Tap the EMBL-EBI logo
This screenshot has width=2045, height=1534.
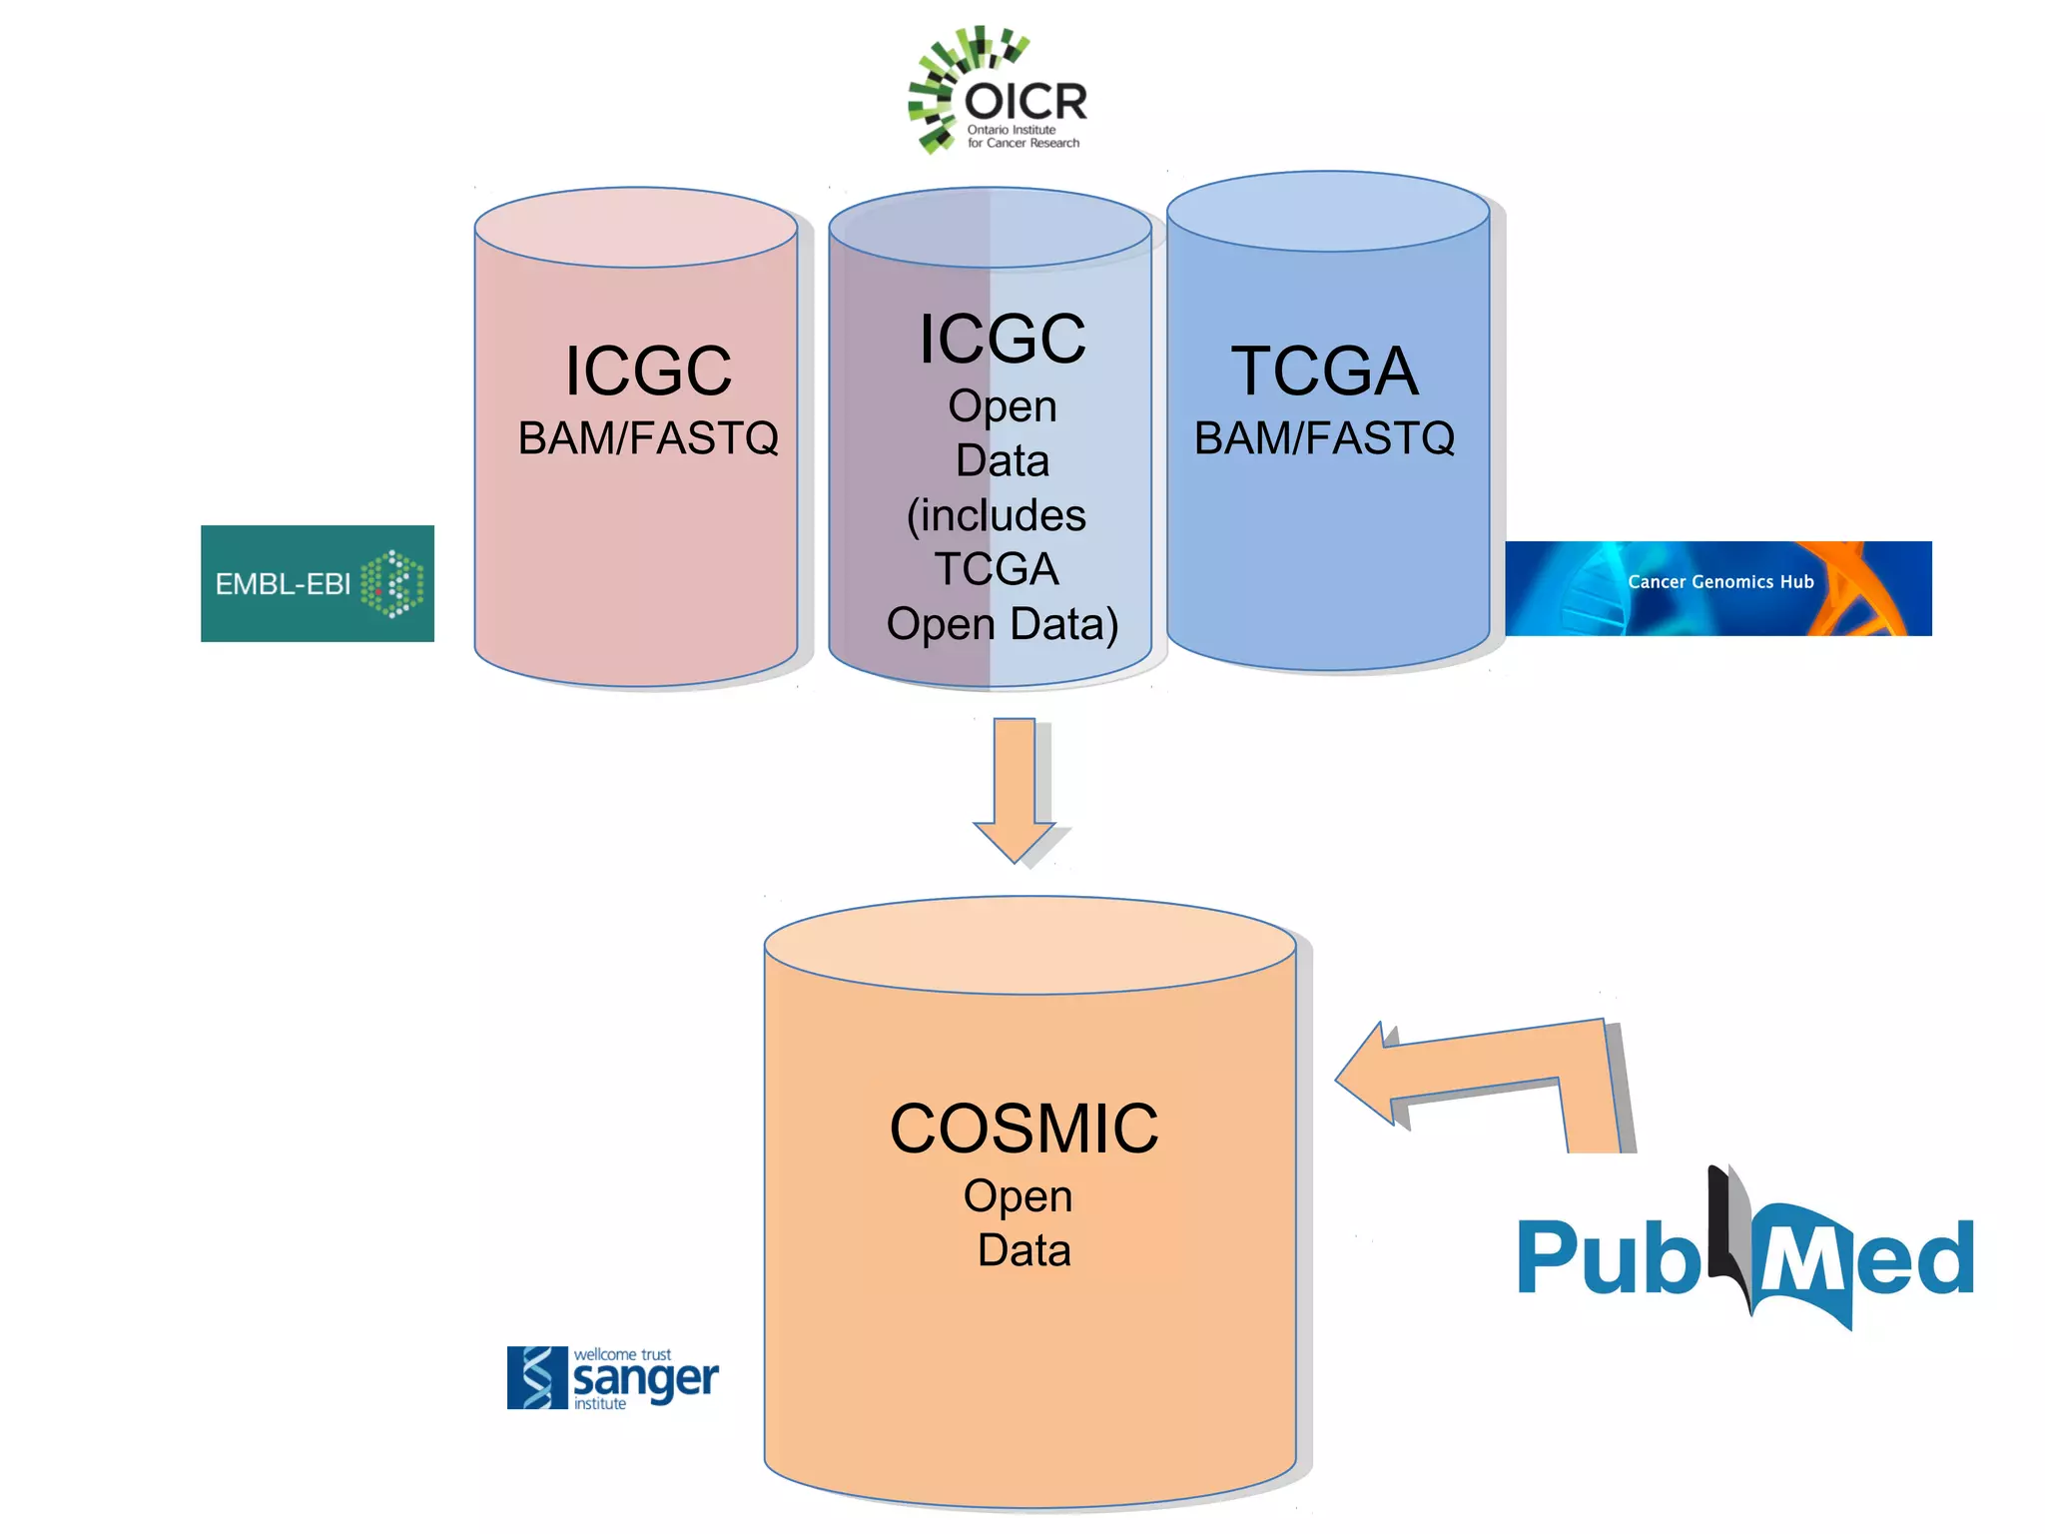pos(317,583)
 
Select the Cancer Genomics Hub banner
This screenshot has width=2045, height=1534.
pos(1717,588)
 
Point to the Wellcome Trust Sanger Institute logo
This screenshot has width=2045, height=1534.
pos(612,1378)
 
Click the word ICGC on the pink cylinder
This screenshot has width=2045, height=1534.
pos(648,372)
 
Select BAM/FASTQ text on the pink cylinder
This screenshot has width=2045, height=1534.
pos(648,438)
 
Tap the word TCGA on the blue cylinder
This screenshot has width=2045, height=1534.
pos(1324,372)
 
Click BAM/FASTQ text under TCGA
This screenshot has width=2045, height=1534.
pos(1324,438)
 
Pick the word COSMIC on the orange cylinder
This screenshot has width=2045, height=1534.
pos(1023,1130)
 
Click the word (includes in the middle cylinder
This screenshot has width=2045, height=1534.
pos(996,515)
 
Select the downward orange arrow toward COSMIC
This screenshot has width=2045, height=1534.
pos(1015,789)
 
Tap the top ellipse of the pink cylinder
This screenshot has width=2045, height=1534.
pos(636,227)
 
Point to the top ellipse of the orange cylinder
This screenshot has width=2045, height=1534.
pos(1029,944)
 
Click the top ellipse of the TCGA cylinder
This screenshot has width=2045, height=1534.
pos(1328,211)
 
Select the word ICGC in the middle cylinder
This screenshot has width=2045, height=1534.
pos(1002,340)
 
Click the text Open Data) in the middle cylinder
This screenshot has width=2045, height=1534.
pos(1002,624)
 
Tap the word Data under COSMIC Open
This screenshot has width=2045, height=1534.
pos(1023,1250)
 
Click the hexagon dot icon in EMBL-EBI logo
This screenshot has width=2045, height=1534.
pos(392,583)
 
